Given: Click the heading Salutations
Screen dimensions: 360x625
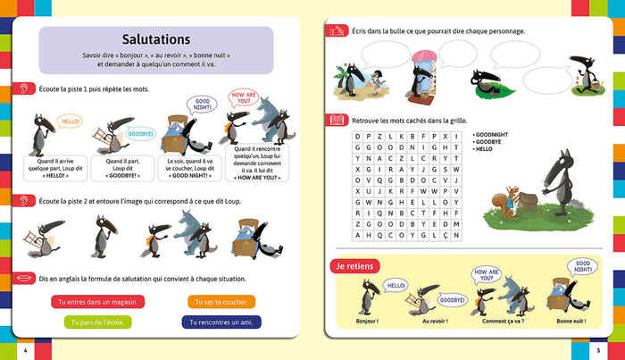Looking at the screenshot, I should [x=155, y=39].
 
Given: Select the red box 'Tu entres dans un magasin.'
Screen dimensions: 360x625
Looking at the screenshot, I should [x=97, y=302].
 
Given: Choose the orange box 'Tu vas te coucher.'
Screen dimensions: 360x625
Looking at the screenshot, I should [x=221, y=302].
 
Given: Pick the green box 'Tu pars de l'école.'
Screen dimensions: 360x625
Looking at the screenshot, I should [x=97, y=322].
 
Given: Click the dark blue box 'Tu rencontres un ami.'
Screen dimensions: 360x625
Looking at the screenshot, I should [x=221, y=322].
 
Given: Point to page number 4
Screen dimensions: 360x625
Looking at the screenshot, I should [x=25, y=347].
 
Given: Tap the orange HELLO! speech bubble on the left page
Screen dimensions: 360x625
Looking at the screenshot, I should [x=69, y=120].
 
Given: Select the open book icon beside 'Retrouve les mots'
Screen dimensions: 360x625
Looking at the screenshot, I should [x=337, y=118].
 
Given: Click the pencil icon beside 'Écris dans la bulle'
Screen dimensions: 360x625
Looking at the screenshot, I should [x=337, y=30].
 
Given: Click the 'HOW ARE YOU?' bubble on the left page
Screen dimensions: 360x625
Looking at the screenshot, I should [x=244, y=96].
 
